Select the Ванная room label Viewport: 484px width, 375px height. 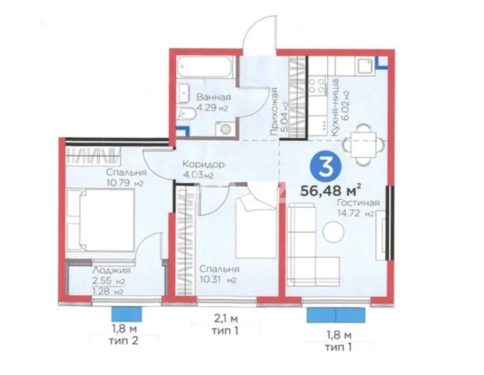(x=213, y=98)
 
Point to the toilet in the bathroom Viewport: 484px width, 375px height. (x=185, y=115)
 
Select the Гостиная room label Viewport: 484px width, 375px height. (x=358, y=203)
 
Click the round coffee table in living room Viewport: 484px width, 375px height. (x=334, y=231)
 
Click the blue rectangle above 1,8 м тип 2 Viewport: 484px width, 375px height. (x=127, y=314)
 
